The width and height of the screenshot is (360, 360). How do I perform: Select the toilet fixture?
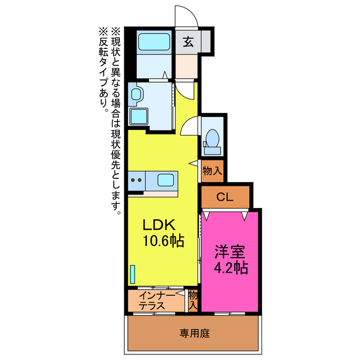(x=213, y=140)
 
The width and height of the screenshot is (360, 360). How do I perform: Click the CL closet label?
(x=225, y=197)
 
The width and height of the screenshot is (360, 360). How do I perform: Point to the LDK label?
(x=159, y=226)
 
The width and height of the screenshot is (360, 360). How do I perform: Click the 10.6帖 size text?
(x=161, y=242)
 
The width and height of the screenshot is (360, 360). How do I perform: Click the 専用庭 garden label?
(x=195, y=334)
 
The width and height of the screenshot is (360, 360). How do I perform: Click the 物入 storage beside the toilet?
(x=213, y=171)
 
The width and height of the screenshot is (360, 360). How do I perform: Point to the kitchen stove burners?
(x=137, y=181)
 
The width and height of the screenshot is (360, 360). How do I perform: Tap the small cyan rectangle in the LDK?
(x=133, y=274)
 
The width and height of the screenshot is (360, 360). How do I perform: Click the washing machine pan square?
(x=139, y=116)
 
